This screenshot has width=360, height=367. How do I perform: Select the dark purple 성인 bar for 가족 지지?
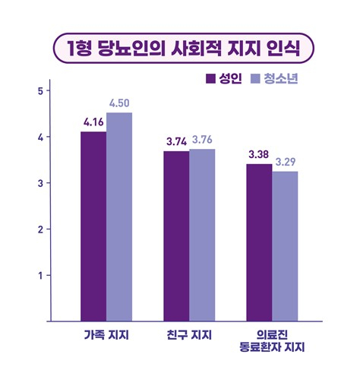click(x=93, y=226)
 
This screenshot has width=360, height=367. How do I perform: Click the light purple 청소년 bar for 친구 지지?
click(x=202, y=235)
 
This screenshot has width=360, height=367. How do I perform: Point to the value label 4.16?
click(x=93, y=122)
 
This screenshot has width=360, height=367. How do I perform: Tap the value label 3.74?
click(x=176, y=141)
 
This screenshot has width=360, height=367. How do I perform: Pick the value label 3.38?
click(x=259, y=154)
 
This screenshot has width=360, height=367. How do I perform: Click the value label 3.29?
click(x=286, y=161)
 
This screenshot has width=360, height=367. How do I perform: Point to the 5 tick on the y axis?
click(x=39, y=90)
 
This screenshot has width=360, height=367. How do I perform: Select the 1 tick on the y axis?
click(x=39, y=275)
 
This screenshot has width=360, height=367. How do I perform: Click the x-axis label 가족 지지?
click(x=106, y=335)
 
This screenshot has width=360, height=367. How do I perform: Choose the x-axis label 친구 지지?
click(x=189, y=335)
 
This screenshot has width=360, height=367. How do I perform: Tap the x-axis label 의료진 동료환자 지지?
click(x=271, y=341)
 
